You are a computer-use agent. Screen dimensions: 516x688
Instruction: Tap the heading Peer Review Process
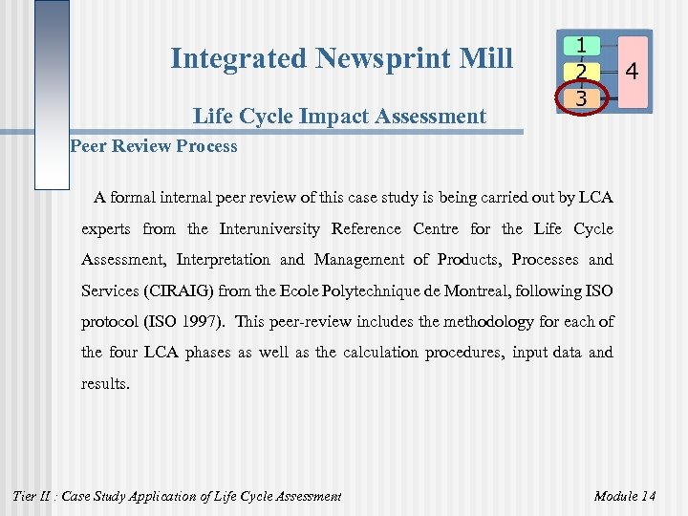(x=154, y=146)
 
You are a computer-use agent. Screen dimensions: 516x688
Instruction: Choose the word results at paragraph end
(x=105, y=383)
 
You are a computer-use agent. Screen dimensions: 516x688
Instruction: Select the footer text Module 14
(x=625, y=496)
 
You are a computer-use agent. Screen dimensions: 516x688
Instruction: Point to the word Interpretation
(x=223, y=260)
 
